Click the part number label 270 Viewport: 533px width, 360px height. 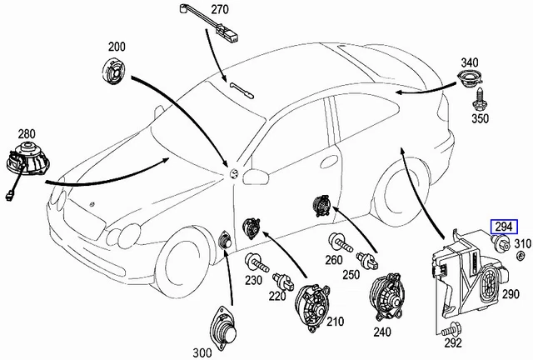[x=218, y=10]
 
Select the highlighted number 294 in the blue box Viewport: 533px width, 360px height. [x=503, y=226]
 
